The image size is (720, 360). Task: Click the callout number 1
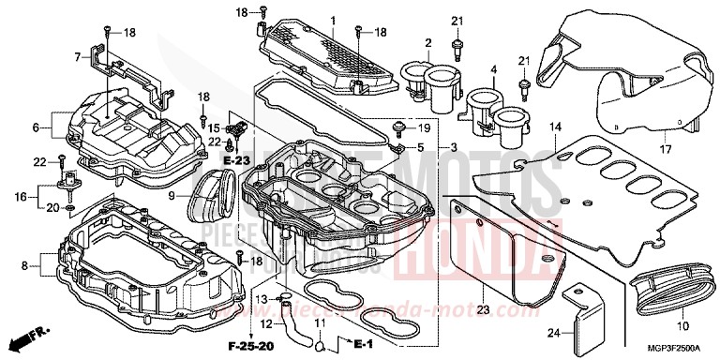[332, 21]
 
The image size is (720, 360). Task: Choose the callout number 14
[555, 127]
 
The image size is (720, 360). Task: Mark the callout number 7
[78, 56]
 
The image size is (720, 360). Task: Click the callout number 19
[423, 127]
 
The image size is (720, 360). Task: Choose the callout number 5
[421, 148]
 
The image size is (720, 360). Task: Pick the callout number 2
[427, 43]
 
